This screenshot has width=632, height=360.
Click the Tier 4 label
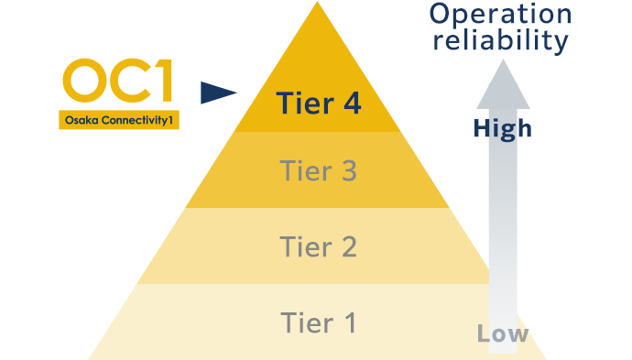[x=318, y=104]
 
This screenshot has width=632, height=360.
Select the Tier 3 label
[x=318, y=170]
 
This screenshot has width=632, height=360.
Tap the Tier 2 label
[x=318, y=246]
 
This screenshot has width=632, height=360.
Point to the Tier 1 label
[x=318, y=322]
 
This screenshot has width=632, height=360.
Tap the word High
[x=502, y=128]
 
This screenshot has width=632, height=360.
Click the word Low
[x=502, y=333]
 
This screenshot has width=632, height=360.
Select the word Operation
[x=500, y=15]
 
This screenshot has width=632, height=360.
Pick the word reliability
[x=500, y=41]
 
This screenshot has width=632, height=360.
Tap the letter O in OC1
[x=84, y=82]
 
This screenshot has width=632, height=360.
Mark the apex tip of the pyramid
[x=318, y=5]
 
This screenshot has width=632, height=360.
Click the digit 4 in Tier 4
[x=350, y=104]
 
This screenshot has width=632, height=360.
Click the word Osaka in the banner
[x=81, y=120]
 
